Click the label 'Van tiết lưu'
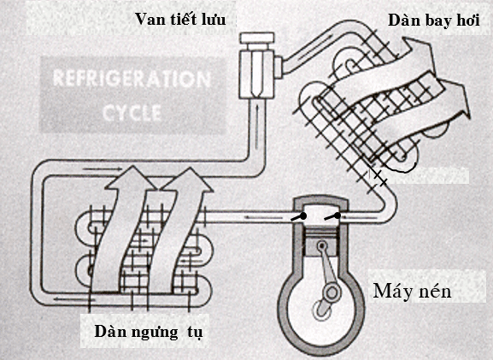[x=179, y=18]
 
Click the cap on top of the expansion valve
[x=254, y=38]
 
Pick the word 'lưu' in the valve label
[x=212, y=18]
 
